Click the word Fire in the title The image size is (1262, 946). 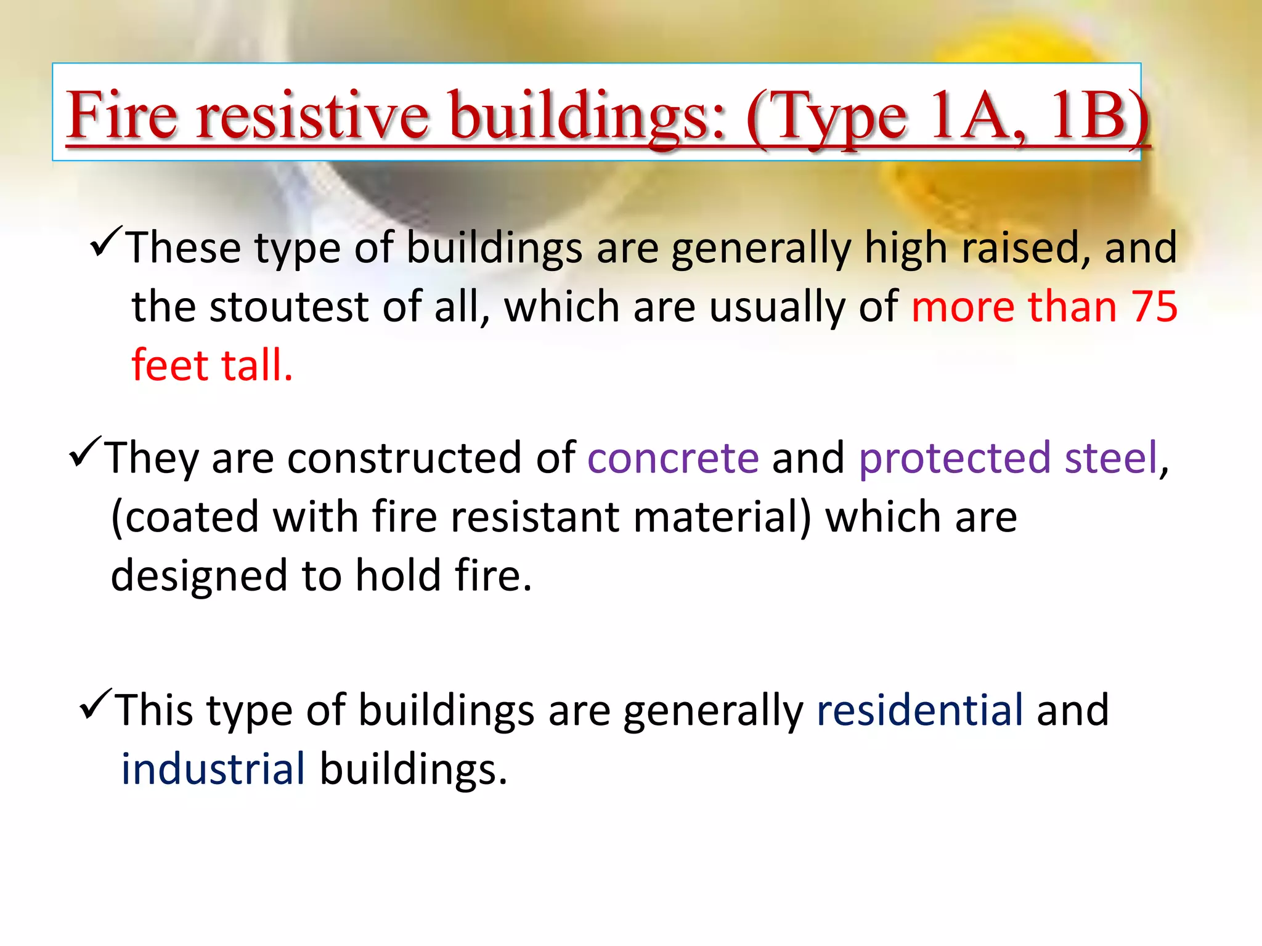[x=122, y=115]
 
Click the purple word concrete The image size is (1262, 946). [x=673, y=459]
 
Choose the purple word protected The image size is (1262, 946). [x=955, y=459]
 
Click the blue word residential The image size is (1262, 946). [x=920, y=711]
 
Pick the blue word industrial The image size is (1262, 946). [x=213, y=770]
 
